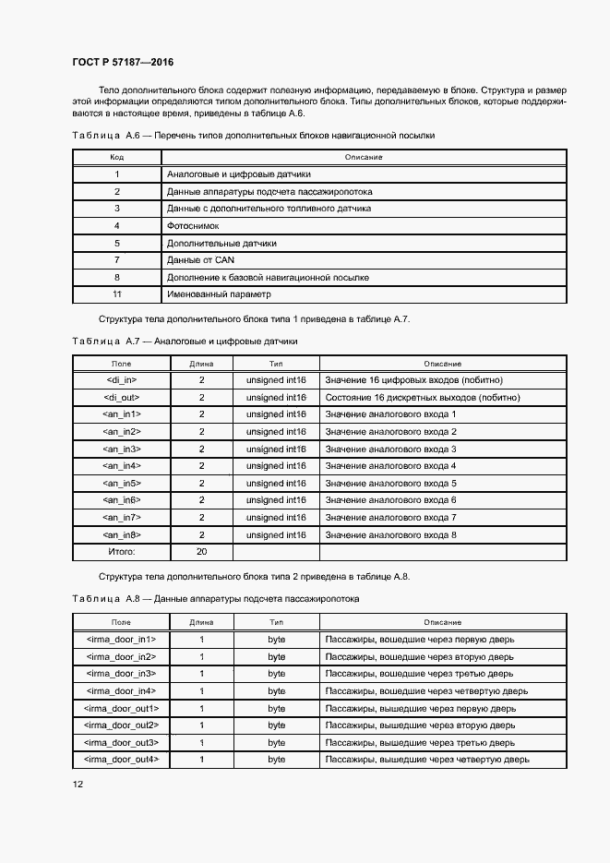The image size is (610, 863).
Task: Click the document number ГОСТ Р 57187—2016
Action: (123, 62)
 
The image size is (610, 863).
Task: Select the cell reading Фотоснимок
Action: (193, 226)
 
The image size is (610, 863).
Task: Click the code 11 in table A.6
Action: (117, 294)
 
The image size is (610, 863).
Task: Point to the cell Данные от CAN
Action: (200, 260)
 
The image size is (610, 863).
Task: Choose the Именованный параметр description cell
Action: (220, 294)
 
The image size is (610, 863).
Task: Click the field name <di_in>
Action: (122, 379)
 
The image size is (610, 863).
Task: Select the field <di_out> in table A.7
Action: (122, 397)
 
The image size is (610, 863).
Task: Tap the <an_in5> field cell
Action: (122, 483)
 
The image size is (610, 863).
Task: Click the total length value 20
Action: (201, 552)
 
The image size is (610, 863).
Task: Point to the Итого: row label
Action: (122, 552)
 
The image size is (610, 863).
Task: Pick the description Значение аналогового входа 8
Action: (391, 534)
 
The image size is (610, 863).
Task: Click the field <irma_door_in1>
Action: (121, 639)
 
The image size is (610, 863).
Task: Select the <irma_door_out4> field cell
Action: (121, 759)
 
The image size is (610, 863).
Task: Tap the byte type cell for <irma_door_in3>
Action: (277, 673)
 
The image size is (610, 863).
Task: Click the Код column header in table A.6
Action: (117, 157)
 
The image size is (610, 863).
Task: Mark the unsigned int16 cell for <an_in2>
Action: (277, 431)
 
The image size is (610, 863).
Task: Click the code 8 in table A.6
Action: (117, 277)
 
